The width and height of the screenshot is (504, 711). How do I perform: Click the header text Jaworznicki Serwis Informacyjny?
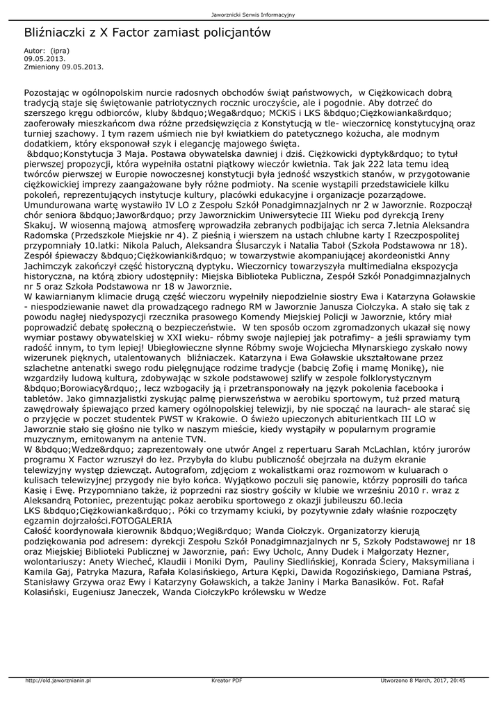(252, 15)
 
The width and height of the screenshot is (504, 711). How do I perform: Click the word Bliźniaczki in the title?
(58, 33)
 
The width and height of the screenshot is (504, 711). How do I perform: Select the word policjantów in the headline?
(231, 33)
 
